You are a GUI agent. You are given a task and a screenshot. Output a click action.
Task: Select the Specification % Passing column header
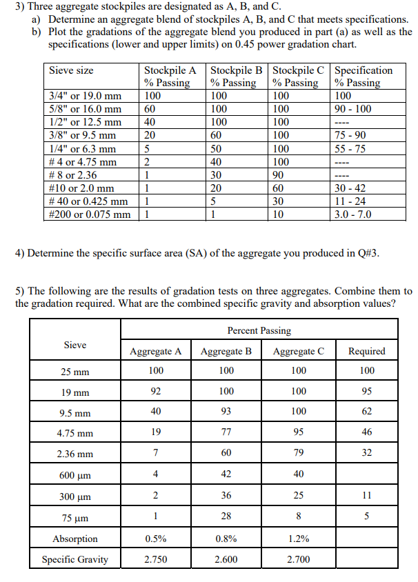tap(363, 76)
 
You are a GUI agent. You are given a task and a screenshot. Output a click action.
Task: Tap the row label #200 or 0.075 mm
tap(90, 214)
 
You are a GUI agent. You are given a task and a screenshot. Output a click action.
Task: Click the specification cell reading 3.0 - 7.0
tap(352, 214)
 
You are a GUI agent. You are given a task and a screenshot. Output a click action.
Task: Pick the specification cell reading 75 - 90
tap(350, 136)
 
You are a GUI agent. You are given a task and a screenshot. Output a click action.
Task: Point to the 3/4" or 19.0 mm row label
tap(86, 96)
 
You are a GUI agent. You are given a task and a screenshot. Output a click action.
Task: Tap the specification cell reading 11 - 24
tap(350, 201)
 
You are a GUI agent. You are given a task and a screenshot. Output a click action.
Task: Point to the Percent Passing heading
tap(259, 330)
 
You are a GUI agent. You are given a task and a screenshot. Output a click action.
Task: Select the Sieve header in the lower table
tap(75, 345)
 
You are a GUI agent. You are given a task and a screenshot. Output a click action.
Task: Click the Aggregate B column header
tap(226, 351)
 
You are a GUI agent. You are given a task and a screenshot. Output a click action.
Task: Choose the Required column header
tap(367, 351)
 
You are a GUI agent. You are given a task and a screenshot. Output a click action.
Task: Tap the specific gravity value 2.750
tap(155, 559)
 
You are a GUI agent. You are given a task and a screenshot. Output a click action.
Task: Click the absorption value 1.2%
tap(298, 539)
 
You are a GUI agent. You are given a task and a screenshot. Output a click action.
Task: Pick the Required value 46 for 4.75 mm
tap(367, 433)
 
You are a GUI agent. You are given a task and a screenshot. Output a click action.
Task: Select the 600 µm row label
tap(75, 474)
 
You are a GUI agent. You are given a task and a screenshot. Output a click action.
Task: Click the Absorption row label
tap(75, 539)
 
